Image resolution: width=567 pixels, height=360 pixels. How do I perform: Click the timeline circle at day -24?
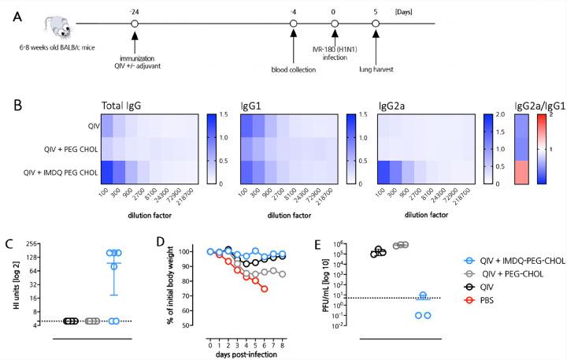[x=135, y=24]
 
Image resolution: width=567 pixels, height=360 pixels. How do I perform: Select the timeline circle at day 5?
[x=376, y=24]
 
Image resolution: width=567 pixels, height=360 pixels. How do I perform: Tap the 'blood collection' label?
[x=293, y=68]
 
